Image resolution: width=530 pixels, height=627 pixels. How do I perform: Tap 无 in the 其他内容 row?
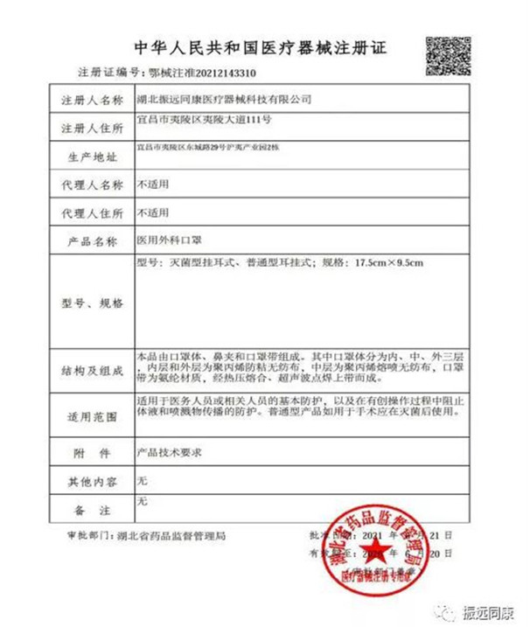(x=143, y=480)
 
